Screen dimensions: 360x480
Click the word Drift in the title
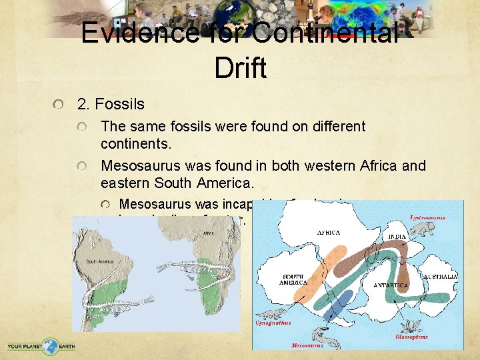point(241,67)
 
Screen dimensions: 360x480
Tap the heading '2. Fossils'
point(111,104)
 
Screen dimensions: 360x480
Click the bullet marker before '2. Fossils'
point(60,105)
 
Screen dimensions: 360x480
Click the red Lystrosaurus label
point(427,218)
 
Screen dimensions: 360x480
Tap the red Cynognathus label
point(273,323)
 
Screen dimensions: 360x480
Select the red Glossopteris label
point(411,337)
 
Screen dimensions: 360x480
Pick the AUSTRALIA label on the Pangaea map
point(441,275)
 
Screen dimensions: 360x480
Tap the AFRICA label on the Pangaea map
point(329,233)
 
